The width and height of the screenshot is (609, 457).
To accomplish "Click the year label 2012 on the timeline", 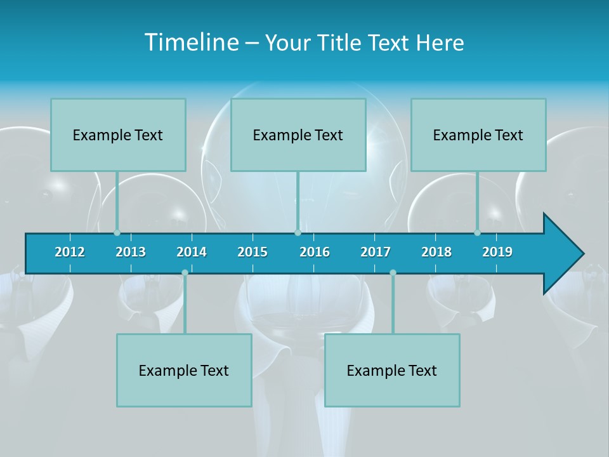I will (x=70, y=252).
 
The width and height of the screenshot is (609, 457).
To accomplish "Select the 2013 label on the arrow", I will (x=131, y=252).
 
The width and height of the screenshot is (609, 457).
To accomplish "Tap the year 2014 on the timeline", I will (x=192, y=252).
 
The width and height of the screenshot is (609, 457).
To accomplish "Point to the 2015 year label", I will (x=252, y=252).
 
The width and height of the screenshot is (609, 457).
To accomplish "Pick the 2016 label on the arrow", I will (x=315, y=252).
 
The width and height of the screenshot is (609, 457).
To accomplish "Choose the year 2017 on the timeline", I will (x=376, y=252).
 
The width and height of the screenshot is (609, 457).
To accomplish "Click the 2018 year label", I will (x=436, y=252).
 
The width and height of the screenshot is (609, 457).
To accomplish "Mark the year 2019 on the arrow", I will (x=497, y=252).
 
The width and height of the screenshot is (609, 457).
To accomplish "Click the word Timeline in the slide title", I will (x=191, y=43).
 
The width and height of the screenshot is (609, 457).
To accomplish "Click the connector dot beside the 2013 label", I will (x=117, y=233).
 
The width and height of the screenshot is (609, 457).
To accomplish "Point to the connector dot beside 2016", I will (x=298, y=233).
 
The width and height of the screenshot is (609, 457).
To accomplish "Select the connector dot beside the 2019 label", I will (x=478, y=233).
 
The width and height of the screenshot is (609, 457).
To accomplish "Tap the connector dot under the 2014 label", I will (x=185, y=273).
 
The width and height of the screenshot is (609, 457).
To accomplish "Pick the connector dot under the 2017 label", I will (x=393, y=273).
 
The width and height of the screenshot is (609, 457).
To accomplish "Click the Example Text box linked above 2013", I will (x=118, y=135).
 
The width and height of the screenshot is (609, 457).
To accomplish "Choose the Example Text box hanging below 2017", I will (x=392, y=370).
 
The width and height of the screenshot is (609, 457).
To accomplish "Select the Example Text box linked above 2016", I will (x=298, y=135).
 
